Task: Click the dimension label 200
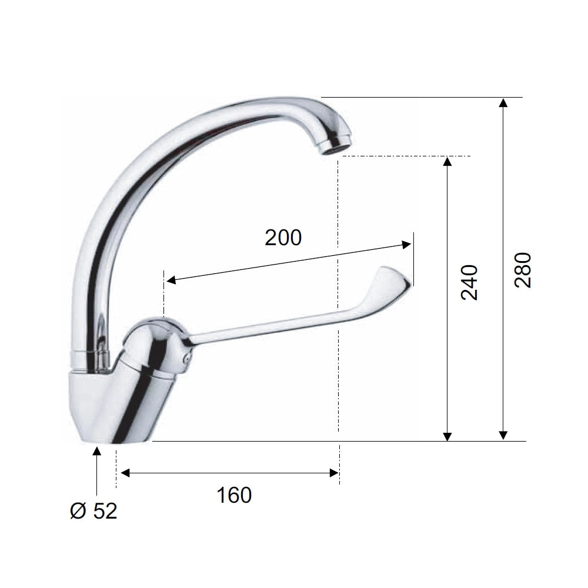tap(283, 238)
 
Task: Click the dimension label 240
tap(469, 282)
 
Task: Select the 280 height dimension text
tap(523, 270)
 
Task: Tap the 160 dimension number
tap(235, 495)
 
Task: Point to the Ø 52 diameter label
tap(93, 511)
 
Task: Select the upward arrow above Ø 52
tap(97, 471)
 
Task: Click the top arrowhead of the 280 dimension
tap(504, 102)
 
